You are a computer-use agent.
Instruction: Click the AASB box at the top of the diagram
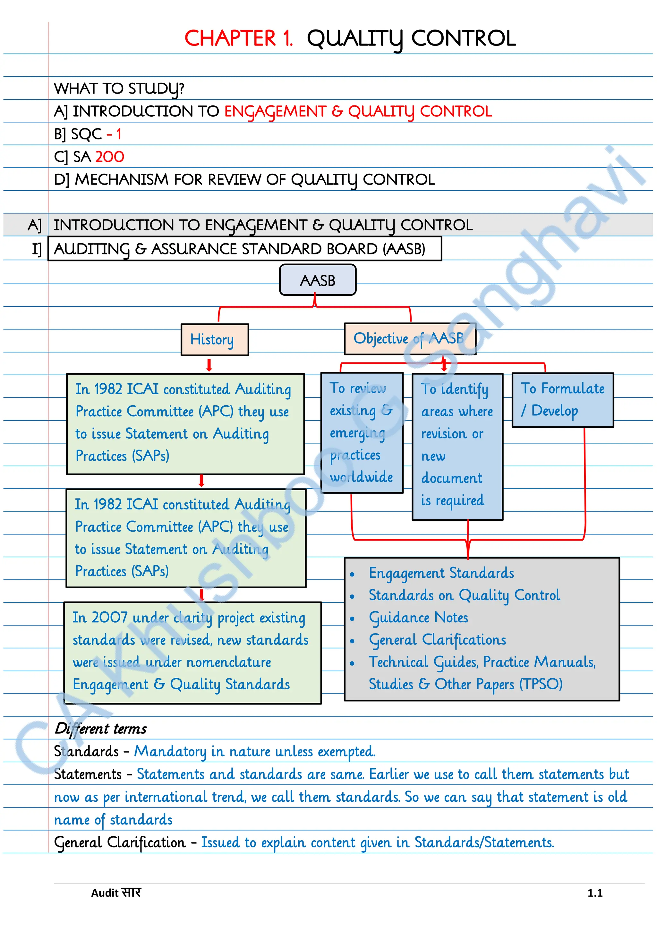[318, 280]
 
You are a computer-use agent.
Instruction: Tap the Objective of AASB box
[409, 339]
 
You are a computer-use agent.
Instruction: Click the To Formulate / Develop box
[562, 399]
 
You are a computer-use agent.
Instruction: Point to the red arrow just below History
[209, 365]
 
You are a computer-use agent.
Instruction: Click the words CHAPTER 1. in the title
[238, 39]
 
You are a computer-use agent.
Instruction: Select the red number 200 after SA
[110, 157]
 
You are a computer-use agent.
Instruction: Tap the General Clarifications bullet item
[437, 640]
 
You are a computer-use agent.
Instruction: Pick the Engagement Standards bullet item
[441, 573]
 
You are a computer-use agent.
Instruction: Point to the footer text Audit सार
[116, 893]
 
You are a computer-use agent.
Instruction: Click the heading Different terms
[101, 729]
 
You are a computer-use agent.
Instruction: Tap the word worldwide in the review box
[361, 477]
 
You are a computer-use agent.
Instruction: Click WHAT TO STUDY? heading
[119, 88]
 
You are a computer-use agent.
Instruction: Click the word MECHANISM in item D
[121, 180]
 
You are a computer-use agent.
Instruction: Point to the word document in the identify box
[451, 478]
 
